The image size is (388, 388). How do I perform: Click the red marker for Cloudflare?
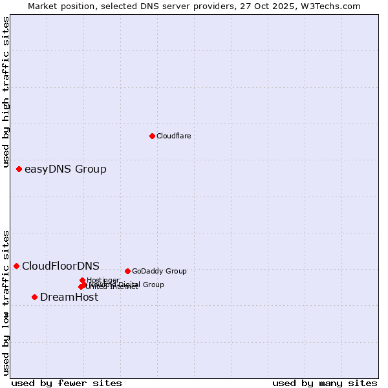pos(152,136)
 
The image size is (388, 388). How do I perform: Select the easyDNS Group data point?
pos(19,169)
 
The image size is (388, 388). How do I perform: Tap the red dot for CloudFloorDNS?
pos(16,266)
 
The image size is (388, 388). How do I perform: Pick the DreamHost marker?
pos(34,297)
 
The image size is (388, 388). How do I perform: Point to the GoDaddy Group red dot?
pos(127,271)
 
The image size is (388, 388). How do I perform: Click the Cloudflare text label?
pos(173,136)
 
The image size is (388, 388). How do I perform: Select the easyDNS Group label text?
pos(65,169)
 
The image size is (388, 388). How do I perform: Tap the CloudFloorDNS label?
pos(61,266)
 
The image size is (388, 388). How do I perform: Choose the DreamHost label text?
pos(69,297)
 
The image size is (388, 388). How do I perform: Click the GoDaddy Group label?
pos(159,271)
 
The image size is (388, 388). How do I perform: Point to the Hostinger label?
pos(103,280)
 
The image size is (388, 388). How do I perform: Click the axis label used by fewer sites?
pos(67,383)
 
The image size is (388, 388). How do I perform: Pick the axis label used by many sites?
pos(325,383)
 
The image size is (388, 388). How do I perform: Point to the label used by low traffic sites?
pos(6,303)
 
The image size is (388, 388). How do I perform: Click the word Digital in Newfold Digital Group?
pos(129,285)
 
